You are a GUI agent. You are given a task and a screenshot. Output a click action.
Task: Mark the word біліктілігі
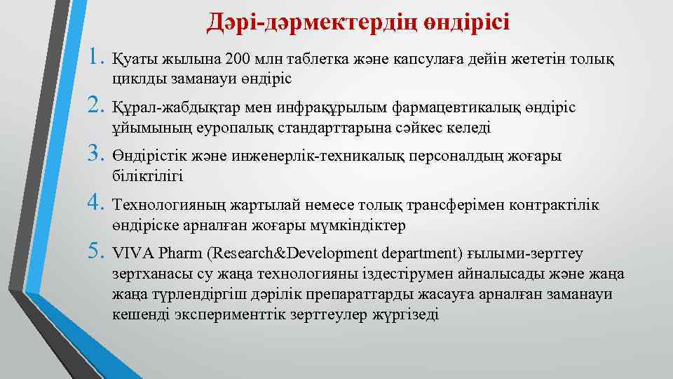pyautogui.click(x=147, y=176)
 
